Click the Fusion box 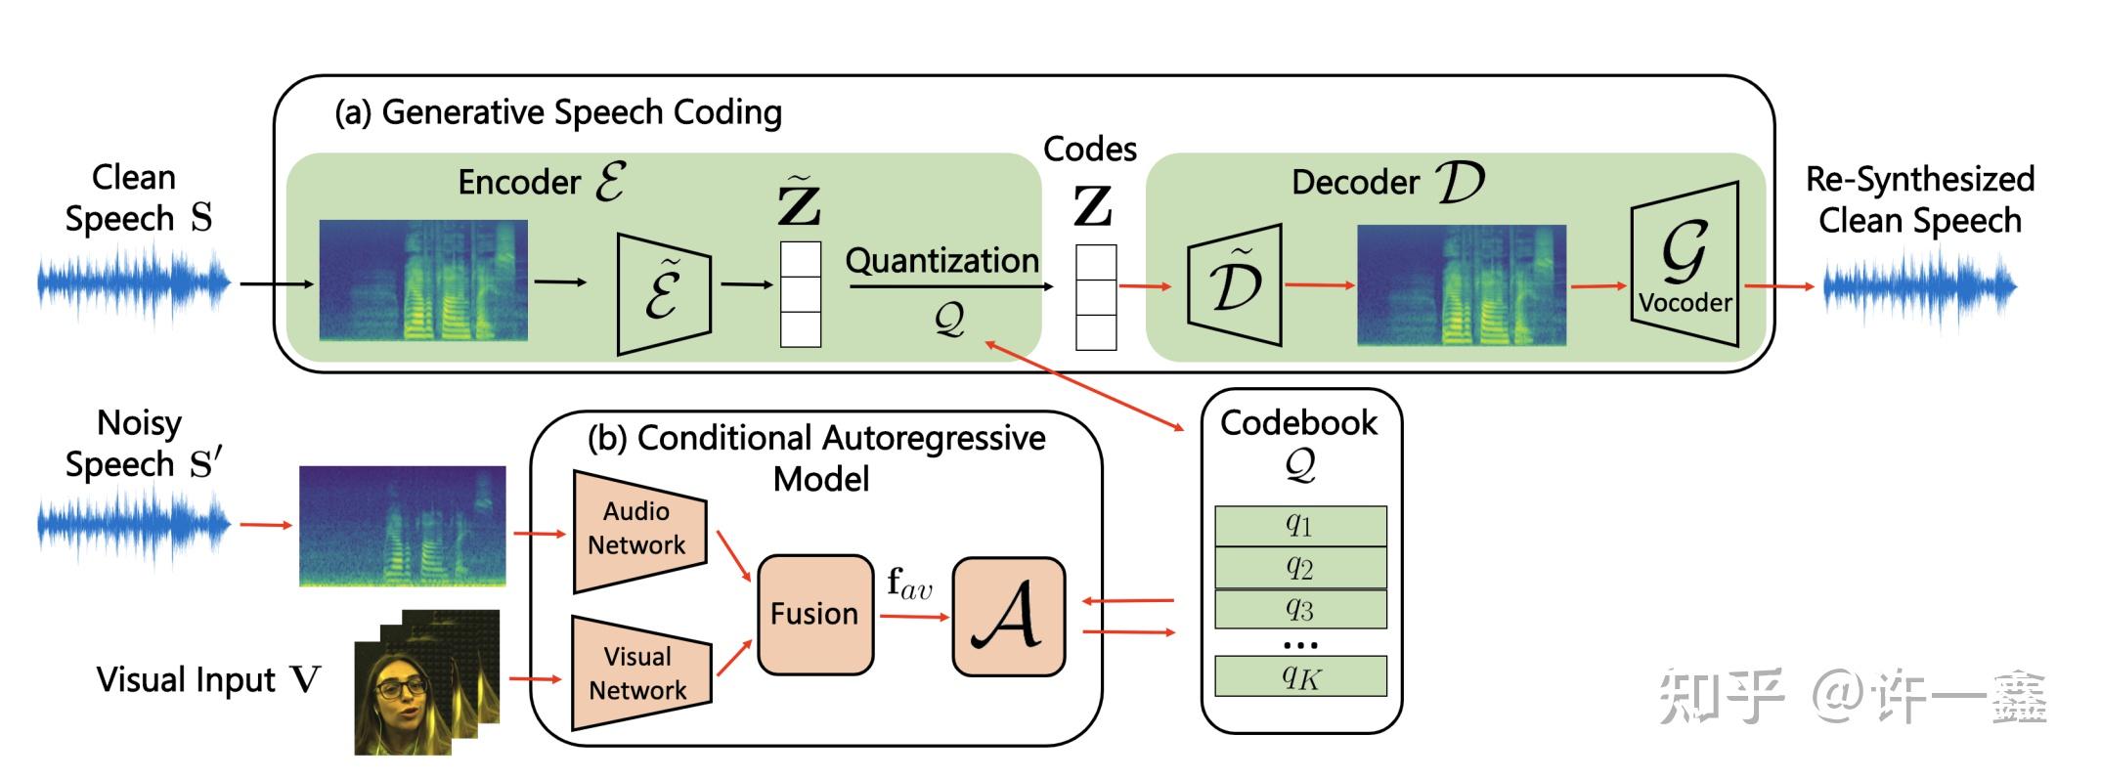(x=814, y=614)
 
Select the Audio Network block (x=638, y=530)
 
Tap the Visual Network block (x=638, y=673)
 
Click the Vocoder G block (x=1685, y=264)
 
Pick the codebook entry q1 (x=1299, y=526)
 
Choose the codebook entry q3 (x=1299, y=609)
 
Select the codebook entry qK (x=1299, y=675)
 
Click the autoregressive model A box (x=1008, y=616)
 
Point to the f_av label (x=909, y=584)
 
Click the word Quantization (x=941, y=261)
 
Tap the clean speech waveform (x=133, y=283)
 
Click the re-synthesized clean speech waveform (x=1918, y=286)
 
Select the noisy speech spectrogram (x=402, y=525)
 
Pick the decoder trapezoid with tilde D (x=1235, y=284)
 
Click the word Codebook (x=1298, y=422)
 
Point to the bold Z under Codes (x=1092, y=206)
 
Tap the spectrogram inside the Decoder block (x=1461, y=284)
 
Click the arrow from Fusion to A (x=913, y=616)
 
